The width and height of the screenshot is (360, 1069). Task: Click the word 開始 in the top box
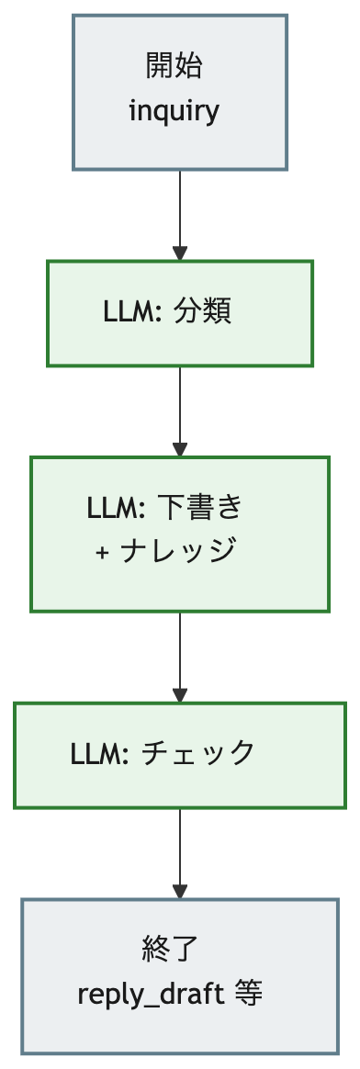tap(174, 66)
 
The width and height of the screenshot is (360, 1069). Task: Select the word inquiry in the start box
tap(174, 110)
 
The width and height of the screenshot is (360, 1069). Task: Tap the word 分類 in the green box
tap(202, 311)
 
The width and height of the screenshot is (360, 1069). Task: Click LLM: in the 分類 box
tap(131, 312)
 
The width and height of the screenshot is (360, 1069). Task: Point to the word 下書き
tap(200, 507)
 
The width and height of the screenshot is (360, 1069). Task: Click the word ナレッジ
tap(178, 550)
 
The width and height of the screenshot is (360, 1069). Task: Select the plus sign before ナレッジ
tap(102, 552)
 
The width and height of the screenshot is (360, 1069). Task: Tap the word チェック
tap(197, 753)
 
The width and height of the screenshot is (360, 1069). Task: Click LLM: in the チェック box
tap(99, 754)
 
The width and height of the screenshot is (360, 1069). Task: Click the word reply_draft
tap(151, 995)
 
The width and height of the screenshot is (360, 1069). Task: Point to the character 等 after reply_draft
tap(248, 994)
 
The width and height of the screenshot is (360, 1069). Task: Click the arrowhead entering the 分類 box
tap(180, 253)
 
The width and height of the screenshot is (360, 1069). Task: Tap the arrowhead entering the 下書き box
tap(180, 450)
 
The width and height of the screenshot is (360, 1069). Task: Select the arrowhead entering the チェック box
tap(180, 695)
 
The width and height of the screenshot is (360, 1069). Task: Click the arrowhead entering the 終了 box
tap(180, 892)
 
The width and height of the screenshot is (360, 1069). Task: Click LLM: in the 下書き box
tap(116, 508)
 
